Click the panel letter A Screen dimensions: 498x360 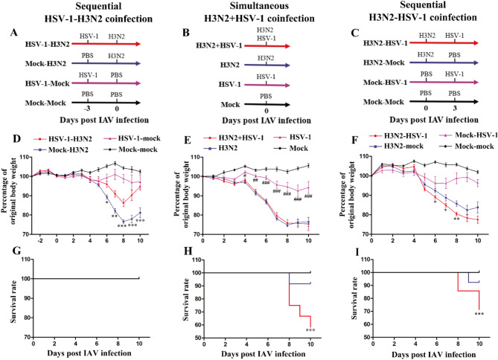point(13,33)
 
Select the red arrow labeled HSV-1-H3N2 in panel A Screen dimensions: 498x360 point(106,44)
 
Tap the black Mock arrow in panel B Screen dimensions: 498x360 point(267,104)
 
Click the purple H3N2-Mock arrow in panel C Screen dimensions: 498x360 point(444,63)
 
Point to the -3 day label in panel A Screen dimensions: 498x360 point(86,109)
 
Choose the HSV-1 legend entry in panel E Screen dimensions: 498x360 point(292,137)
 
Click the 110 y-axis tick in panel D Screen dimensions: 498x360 point(24,157)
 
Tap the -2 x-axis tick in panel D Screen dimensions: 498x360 point(40,241)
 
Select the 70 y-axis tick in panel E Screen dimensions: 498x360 point(196,234)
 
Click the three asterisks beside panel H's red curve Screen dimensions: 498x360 point(310,330)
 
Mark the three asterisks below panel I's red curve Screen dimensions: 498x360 point(479,315)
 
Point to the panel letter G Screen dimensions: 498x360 point(16,251)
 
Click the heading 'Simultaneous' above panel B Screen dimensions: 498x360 point(259,6)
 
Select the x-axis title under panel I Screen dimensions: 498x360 point(433,355)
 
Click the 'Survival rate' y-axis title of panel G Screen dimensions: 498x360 point(13,298)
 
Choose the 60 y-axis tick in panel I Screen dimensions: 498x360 point(365,324)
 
